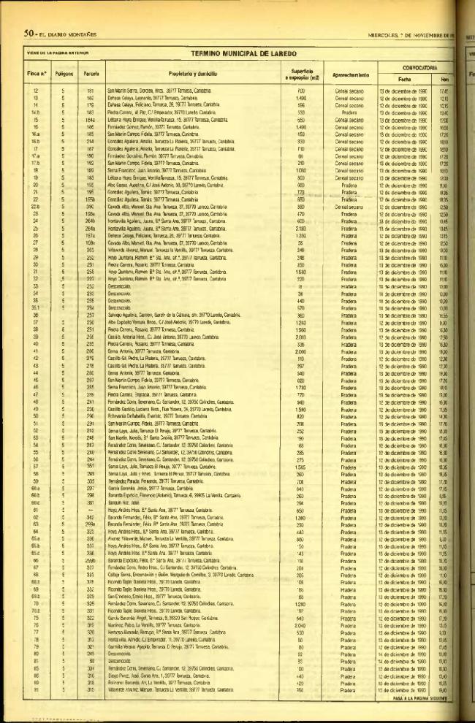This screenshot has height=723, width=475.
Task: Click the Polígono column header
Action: [63, 74]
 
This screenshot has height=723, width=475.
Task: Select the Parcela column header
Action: [91, 74]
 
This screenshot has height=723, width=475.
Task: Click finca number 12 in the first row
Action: [37, 91]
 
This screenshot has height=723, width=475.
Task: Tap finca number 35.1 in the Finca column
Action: [35, 307]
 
